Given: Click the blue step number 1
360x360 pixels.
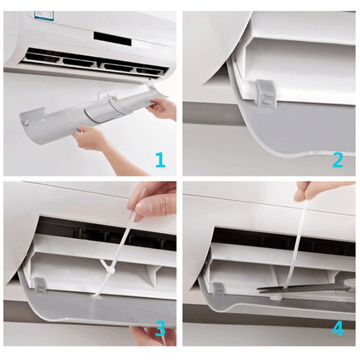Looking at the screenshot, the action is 160,160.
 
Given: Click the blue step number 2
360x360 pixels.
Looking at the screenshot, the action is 338,160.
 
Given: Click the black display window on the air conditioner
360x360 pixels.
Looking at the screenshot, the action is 112,38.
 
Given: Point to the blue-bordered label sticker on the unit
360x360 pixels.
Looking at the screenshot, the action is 44,16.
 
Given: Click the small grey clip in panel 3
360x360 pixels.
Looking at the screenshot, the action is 40,285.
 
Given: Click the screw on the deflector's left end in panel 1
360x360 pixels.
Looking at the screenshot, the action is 25,123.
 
